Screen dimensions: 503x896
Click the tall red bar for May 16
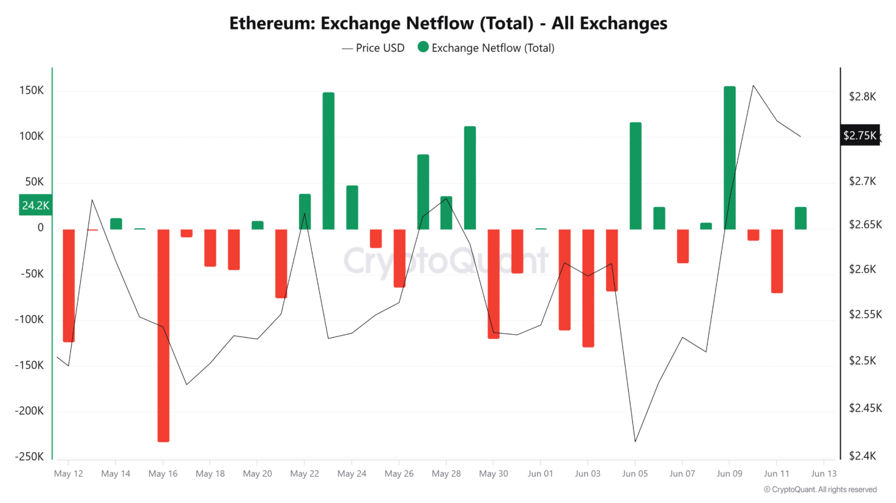click(163, 335)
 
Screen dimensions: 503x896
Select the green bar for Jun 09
click(730, 158)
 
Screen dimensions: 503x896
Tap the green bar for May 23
click(328, 161)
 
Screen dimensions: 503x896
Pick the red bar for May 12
click(68, 285)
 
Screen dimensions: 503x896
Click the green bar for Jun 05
click(635, 176)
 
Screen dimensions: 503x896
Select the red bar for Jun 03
click(588, 288)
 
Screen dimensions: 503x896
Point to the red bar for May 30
click(494, 283)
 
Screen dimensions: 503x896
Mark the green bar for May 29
click(470, 178)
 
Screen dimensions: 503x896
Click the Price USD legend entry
click(373, 48)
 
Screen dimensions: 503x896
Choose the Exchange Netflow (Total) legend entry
click(486, 48)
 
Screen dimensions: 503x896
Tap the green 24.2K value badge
click(35, 206)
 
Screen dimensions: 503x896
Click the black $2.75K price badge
click(859, 135)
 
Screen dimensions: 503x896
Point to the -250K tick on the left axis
click(29, 456)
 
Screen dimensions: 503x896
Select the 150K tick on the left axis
click(32, 91)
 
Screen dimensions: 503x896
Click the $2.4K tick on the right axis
click(862, 456)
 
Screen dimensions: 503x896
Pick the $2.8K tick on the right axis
click(862, 97)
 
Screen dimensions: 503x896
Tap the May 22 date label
click(305, 474)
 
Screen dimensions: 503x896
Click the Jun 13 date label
click(823, 474)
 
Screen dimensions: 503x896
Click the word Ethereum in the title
click(272, 23)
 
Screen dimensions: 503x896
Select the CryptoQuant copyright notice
click(820, 490)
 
